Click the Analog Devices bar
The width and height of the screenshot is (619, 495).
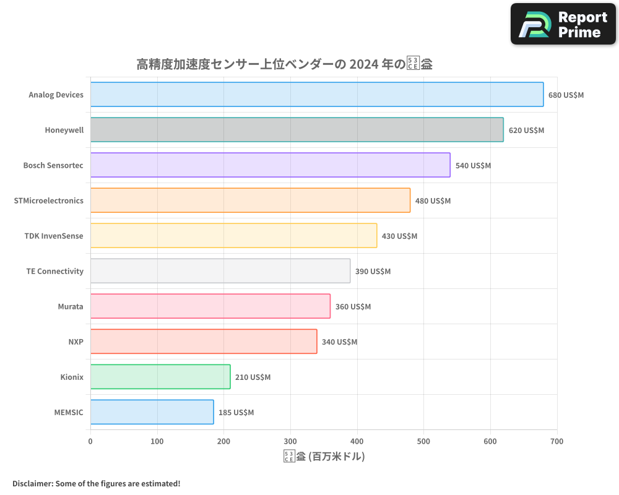pyautogui.click(x=317, y=95)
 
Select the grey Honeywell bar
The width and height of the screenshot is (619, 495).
pyautogui.click(x=297, y=130)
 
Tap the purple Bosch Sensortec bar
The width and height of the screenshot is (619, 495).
pyautogui.click(x=271, y=165)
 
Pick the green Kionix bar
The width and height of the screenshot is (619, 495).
pyautogui.click(x=160, y=377)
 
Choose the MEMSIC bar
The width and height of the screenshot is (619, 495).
pyautogui.click(x=152, y=412)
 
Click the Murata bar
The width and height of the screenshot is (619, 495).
pyautogui.click(x=210, y=306)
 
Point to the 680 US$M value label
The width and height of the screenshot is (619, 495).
pyautogui.click(x=566, y=95)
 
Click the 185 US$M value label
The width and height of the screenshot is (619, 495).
pyautogui.click(x=236, y=413)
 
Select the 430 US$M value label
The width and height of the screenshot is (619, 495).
pyautogui.click(x=399, y=236)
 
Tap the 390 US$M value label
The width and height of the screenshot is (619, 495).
pyautogui.click(x=373, y=272)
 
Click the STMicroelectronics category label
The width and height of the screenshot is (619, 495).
pyautogui.click(x=48, y=200)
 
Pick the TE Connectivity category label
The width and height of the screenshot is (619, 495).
pyautogui.click(x=54, y=271)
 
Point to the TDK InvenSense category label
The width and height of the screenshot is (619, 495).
pyautogui.click(x=54, y=236)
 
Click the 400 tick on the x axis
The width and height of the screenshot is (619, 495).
pyautogui.click(x=357, y=441)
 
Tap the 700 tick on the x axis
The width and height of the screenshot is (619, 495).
pyautogui.click(x=557, y=441)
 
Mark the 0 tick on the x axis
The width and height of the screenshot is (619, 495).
pyautogui.click(x=90, y=441)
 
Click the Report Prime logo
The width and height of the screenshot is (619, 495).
pyautogui.click(x=563, y=24)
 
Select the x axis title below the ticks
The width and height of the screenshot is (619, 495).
pyautogui.click(x=324, y=457)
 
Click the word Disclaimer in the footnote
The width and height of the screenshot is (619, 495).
pyautogui.click(x=32, y=483)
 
